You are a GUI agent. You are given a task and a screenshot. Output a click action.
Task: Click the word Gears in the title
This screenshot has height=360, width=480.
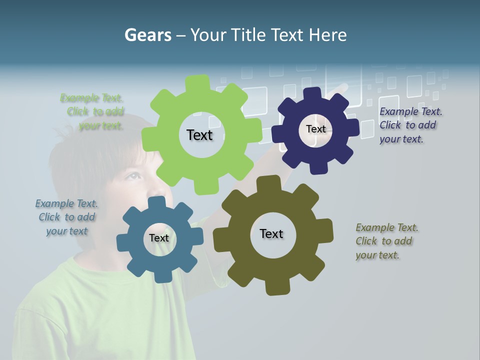point(147,35)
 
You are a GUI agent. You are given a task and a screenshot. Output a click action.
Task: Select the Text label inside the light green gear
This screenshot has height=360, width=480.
point(199,135)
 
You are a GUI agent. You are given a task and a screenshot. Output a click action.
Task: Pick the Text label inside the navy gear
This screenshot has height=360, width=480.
point(315,129)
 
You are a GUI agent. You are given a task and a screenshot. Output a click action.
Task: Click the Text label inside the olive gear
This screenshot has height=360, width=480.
point(271,234)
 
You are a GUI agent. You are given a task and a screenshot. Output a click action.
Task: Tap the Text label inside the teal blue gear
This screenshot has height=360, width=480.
point(159,238)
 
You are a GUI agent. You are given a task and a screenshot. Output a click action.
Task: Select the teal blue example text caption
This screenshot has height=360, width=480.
point(67,217)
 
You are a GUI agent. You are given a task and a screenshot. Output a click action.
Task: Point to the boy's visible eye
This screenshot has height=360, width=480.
point(132,176)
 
